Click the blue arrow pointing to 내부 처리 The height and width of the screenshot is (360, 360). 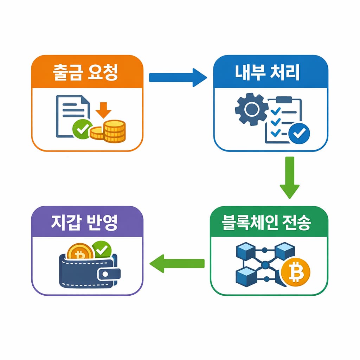[178, 77]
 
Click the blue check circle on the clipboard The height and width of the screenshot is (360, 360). [299, 134]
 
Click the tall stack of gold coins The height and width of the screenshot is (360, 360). [115, 131]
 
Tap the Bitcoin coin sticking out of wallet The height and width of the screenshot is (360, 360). [80, 252]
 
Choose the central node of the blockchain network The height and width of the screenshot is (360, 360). [265, 264]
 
